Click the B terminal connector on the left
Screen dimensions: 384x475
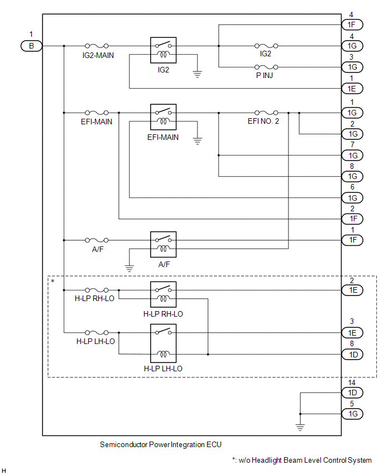(x=31, y=46)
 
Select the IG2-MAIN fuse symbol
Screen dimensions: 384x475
(x=97, y=46)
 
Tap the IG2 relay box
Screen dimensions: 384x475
(x=163, y=50)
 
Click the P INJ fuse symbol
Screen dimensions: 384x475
(x=266, y=67)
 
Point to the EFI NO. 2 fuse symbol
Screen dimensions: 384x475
(x=266, y=113)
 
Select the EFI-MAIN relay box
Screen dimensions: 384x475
(x=163, y=117)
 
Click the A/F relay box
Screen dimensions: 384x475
(x=163, y=244)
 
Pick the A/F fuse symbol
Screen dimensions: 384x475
(x=97, y=240)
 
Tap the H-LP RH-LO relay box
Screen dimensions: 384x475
(x=163, y=294)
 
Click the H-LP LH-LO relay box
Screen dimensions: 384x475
(x=163, y=343)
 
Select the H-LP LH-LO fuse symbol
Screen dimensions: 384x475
(x=97, y=333)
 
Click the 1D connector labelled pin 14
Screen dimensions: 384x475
(x=352, y=392)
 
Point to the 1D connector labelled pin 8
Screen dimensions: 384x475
(x=352, y=355)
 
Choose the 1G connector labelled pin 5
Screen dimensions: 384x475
(x=352, y=414)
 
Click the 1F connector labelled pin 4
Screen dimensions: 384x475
(x=352, y=25)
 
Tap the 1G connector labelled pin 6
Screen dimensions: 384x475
(x=352, y=198)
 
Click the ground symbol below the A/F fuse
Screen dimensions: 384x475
(x=129, y=268)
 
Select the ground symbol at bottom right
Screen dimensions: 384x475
(x=300, y=427)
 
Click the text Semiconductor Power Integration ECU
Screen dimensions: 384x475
(x=161, y=444)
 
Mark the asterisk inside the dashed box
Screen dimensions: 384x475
(x=53, y=282)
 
